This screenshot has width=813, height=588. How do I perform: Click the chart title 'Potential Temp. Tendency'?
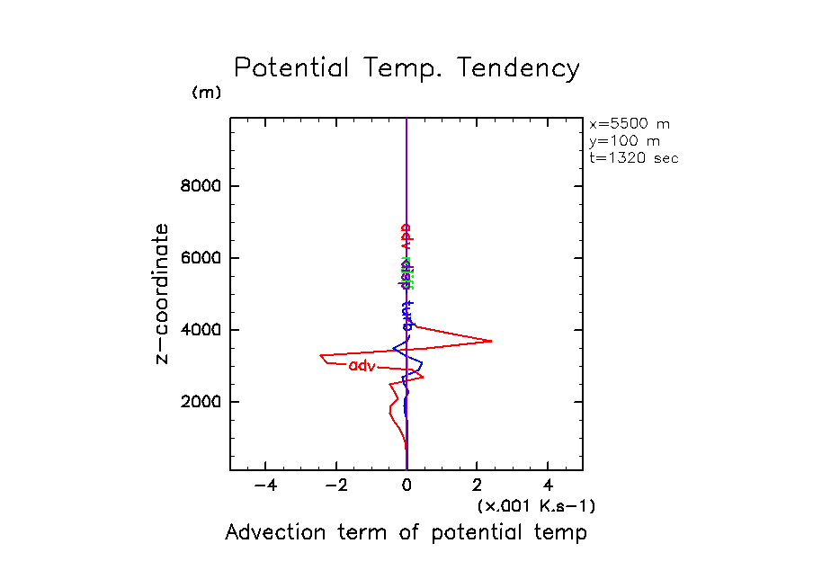point(406,69)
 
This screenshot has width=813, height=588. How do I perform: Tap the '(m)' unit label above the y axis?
point(206,94)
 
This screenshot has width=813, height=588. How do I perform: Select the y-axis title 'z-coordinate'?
point(163,293)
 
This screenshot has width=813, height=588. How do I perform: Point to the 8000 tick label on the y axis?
point(202,187)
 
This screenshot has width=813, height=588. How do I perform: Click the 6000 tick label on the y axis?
point(202,258)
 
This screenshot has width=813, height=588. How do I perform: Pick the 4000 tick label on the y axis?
point(202,330)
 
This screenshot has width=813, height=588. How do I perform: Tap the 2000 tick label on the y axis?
point(202,402)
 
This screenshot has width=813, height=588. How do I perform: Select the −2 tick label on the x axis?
point(335,486)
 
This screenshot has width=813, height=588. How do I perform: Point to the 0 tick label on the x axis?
point(407,486)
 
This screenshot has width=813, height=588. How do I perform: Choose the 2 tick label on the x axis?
point(478,486)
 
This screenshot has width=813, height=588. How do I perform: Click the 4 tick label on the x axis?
point(549,486)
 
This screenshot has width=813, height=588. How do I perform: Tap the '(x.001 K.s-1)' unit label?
point(536,505)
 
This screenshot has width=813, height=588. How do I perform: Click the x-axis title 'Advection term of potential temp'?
point(406,532)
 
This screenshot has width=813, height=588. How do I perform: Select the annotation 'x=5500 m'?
point(630,124)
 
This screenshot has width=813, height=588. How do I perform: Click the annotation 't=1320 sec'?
point(633,157)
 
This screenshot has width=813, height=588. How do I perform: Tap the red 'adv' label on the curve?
point(362,365)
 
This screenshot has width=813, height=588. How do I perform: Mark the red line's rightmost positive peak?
point(491,341)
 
